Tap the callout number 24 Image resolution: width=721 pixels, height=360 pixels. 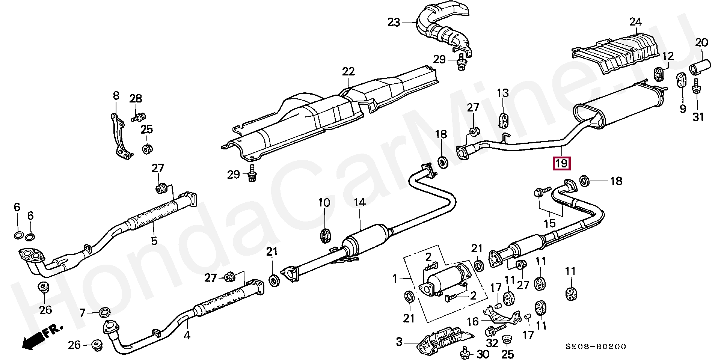pos(635,22)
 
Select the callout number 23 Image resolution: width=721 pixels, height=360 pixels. pos(394,23)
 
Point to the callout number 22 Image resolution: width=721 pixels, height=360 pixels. pos(348,71)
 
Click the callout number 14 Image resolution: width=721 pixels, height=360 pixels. pos(359,203)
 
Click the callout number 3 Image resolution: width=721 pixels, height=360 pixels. pos(399,342)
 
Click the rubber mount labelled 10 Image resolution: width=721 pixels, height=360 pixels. pos(324,236)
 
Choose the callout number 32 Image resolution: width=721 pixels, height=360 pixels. pos(493,343)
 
